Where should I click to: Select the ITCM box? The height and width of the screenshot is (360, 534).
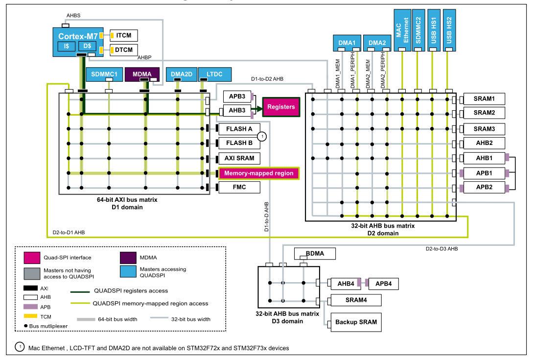(124, 35)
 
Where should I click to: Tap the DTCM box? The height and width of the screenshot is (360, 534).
(124, 50)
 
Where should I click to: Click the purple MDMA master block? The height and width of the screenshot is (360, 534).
(142, 74)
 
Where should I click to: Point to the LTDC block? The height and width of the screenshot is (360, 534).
(214, 74)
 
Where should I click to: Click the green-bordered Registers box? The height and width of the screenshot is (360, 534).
(281, 107)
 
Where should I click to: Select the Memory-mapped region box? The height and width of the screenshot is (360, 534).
(258, 173)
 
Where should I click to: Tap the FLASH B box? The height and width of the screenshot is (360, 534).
(239, 143)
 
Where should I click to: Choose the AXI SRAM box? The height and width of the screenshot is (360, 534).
(239, 158)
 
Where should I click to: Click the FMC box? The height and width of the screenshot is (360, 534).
(239, 187)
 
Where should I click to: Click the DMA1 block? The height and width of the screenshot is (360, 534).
(347, 43)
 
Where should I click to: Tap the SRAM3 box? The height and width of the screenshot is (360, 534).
(484, 129)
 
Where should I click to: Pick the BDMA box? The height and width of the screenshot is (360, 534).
(315, 253)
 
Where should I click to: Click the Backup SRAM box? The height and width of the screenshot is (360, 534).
(355, 322)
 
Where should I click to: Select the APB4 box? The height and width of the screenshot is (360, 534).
(386, 283)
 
